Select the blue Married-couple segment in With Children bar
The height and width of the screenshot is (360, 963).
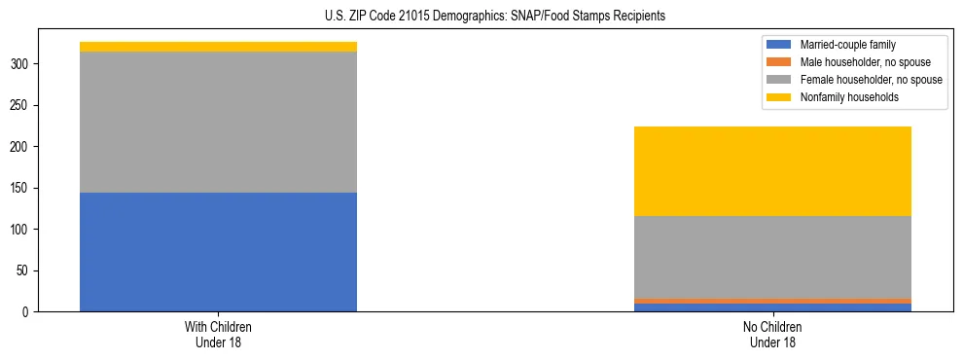click(x=218, y=252)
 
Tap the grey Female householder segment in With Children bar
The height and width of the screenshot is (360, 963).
click(x=218, y=122)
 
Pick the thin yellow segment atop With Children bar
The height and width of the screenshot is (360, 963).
click(x=218, y=47)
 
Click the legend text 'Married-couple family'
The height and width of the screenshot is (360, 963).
click(x=847, y=45)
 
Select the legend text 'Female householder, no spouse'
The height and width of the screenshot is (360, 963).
click(x=871, y=80)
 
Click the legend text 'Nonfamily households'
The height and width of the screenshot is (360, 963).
click(x=849, y=97)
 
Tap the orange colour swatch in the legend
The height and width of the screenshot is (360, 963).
click(x=779, y=62)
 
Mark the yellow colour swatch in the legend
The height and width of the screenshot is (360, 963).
click(x=779, y=97)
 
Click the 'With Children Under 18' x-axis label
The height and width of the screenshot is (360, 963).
click(x=218, y=334)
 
